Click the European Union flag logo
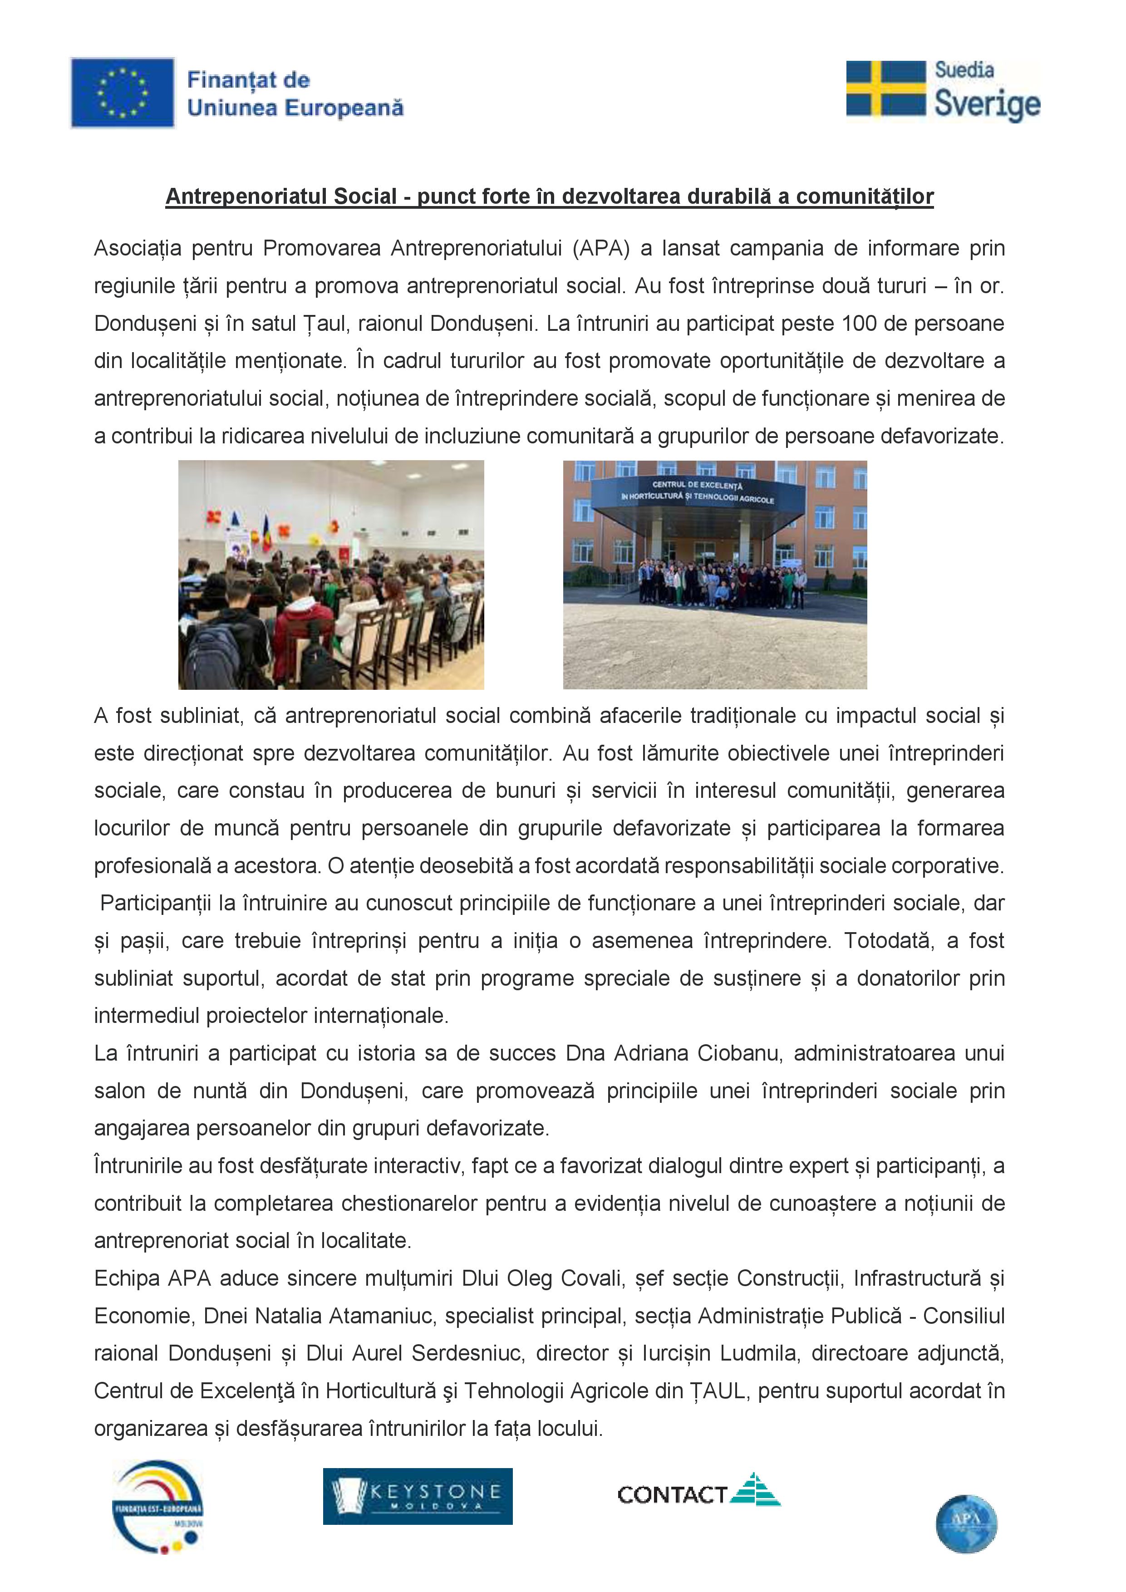click(122, 93)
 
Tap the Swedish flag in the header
click(886, 88)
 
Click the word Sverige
click(987, 104)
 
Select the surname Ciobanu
click(740, 1053)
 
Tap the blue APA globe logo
click(966, 1523)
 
